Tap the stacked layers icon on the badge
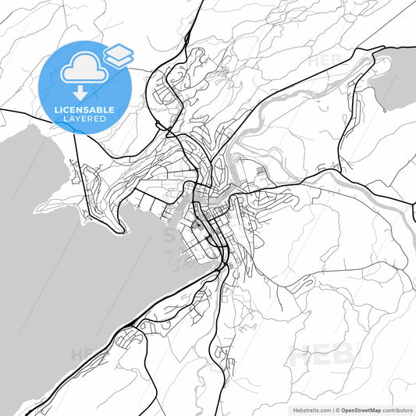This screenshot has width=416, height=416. [119, 55]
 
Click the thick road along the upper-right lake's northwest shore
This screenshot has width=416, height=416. [367, 59]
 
